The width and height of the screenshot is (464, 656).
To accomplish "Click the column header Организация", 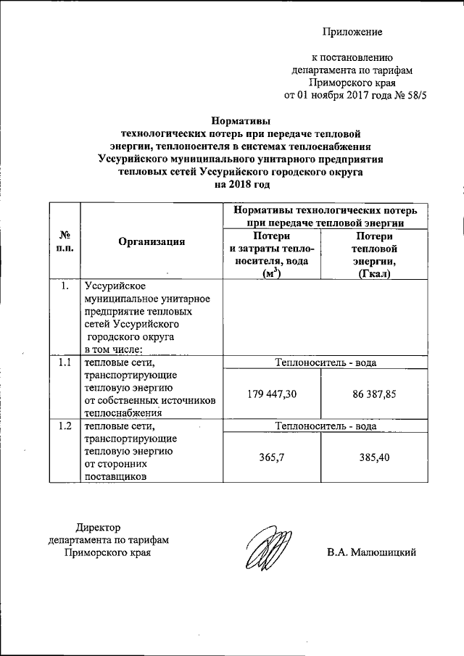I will (x=152, y=242).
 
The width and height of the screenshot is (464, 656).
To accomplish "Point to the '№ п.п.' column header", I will (x=64, y=241).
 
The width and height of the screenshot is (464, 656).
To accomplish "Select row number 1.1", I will (x=64, y=362).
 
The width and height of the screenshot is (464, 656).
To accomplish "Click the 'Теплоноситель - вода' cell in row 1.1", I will (x=323, y=362).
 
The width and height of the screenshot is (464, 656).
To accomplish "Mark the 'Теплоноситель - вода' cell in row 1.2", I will (x=323, y=427).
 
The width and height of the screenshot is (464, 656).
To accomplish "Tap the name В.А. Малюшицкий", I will (x=371, y=553).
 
